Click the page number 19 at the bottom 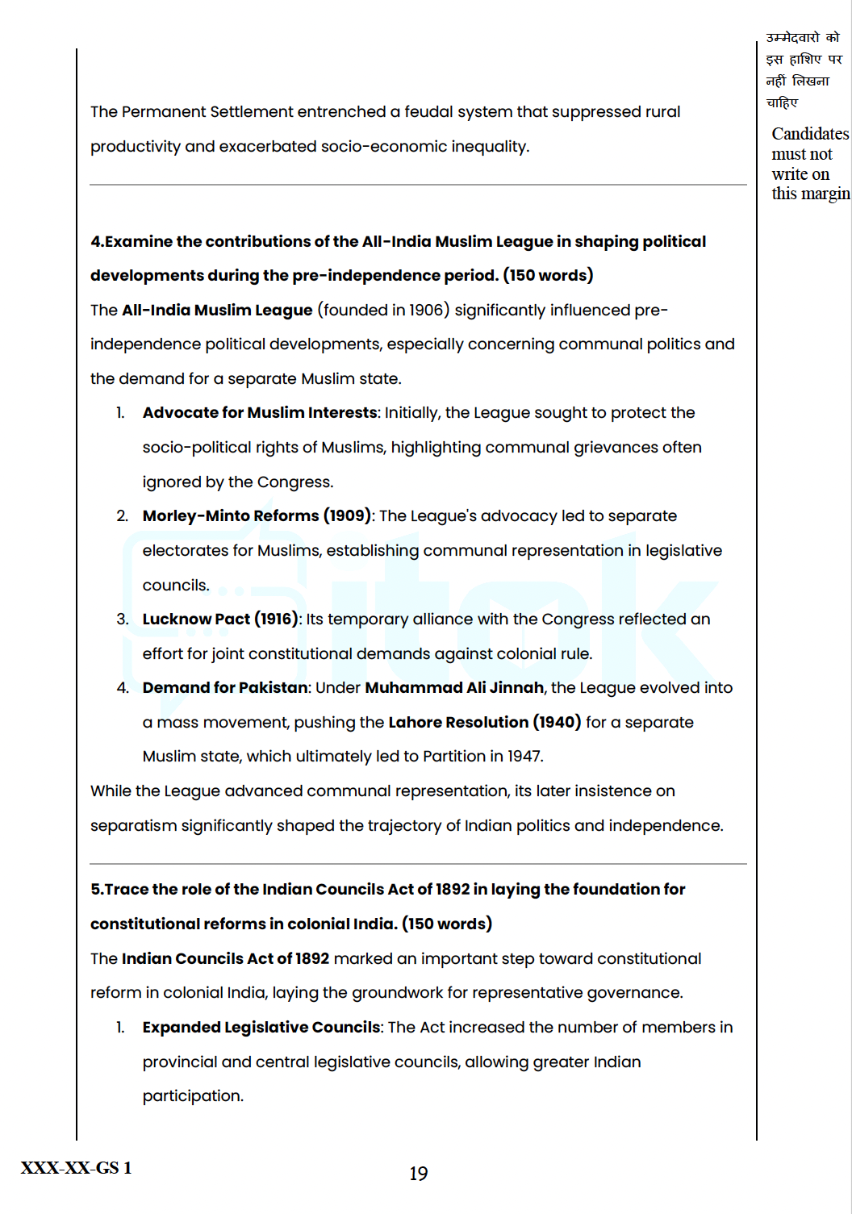tap(418, 1174)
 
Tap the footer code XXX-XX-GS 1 tap(76, 1168)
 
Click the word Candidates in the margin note tap(809, 134)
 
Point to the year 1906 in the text tap(426, 311)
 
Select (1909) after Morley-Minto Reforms tap(347, 516)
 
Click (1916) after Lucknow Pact tap(277, 620)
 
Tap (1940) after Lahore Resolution tap(557, 723)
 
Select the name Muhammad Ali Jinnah tap(454, 688)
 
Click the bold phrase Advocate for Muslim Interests tap(260, 413)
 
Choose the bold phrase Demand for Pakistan tap(225, 688)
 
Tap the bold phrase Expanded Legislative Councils tap(261, 1028)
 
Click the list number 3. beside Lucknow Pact tap(123, 620)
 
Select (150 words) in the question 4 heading tap(548, 276)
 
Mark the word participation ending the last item tap(192, 1096)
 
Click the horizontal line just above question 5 tap(418, 864)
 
